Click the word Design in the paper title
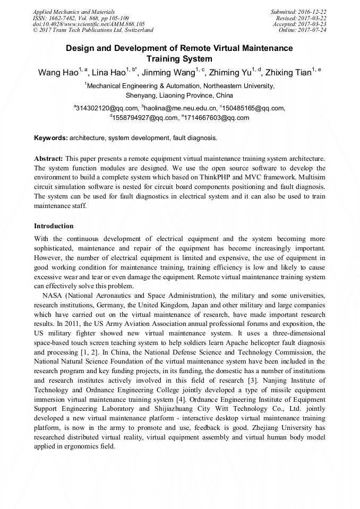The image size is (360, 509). pyautogui.click(x=80, y=48)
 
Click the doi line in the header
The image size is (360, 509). pyautogui.click(x=89, y=24)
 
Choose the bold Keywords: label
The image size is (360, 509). pyautogui.click(x=51, y=138)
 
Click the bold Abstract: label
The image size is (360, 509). pyautogui.click(x=49, y=159)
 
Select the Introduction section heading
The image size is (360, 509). pyautogui.click(x=54, y=226)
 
